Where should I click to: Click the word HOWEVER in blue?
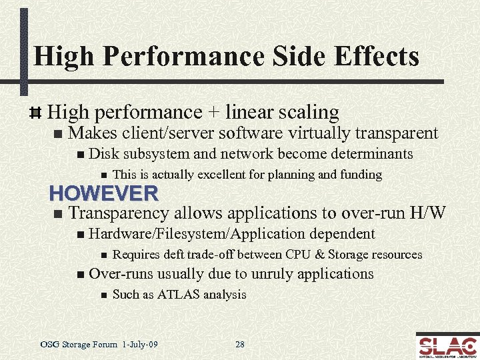pyautogui.click(x=104, y=193)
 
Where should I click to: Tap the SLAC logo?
pyautogui.click(x=447, y=345)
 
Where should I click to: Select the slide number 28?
pyautogui.click(x=240, y=345)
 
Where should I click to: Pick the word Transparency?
pyautogui.click(x=120, y=213)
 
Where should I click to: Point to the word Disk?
pyautogui.click(x=103, y=154)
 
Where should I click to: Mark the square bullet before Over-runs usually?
pyautogui.click(x=81, y=274)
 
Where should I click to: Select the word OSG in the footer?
pyautogui.click(x=49, y=345)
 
